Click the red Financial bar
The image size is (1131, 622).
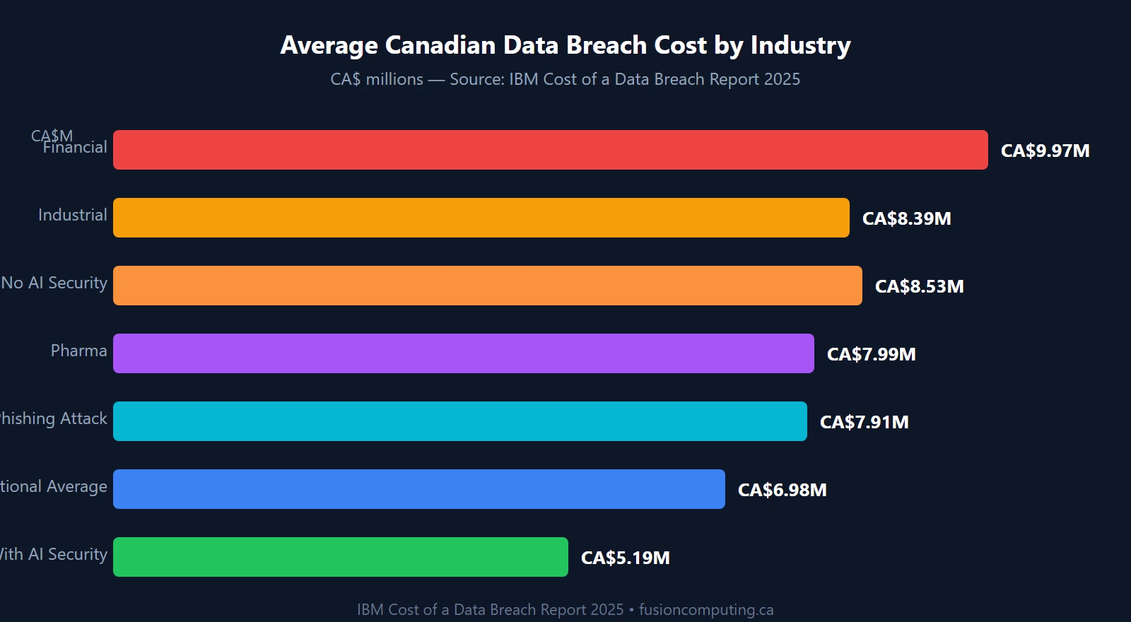click(x=550, y=150)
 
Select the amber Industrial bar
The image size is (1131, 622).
click(x=481, y=218)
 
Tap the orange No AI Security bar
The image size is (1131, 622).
click(x=488, y=286)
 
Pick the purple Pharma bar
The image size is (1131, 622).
click(x=463, y=353)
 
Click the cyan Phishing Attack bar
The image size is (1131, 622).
click(x=459, y=421)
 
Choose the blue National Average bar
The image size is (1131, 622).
click(x=418, y=489)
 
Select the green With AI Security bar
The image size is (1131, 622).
click(x=340, y=557)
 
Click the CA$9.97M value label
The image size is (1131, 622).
click(x=1045, y=151)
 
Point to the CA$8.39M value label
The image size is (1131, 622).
click(x=906, y=218)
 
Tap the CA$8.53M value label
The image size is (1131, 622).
click(x=919, y=286)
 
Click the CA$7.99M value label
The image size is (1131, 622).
click(x=871, y=354)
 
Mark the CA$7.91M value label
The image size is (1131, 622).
click(x=864, y=422)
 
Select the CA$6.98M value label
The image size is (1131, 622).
click(x=782, y=490)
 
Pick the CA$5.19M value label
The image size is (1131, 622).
click(x=625, y=558)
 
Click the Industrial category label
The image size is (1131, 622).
click(x=73, y=215)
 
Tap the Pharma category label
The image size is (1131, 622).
click(x=78, y=351)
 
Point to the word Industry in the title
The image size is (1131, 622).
click(x=800, y=45)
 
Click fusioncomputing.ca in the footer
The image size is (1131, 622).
click(x=706, y=609)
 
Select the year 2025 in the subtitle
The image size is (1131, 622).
click(x=782, y=79)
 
